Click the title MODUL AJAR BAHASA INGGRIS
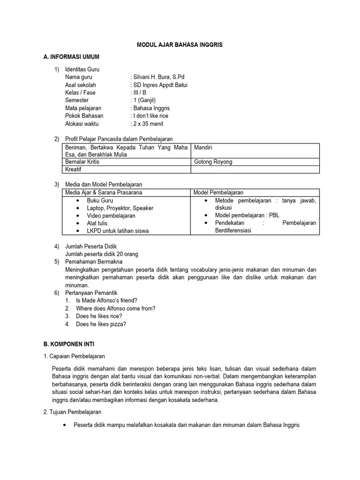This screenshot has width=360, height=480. point(180,45)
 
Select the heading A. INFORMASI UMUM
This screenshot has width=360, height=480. point(71,57)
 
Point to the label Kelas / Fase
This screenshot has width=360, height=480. point(80,92)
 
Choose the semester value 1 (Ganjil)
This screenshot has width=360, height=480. point(144,100)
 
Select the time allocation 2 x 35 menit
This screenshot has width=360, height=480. point(148,124)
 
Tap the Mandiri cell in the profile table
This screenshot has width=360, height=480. point(203,147)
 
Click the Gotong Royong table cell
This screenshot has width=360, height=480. point(213,162)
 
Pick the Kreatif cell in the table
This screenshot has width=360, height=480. point(73,169)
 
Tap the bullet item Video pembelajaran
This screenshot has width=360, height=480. point(111,216)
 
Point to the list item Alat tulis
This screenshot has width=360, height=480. point(97,223)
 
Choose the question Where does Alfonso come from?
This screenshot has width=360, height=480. point(115,308)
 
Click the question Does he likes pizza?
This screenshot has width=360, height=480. point(101,324)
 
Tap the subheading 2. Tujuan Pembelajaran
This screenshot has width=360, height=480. point(72,412)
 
